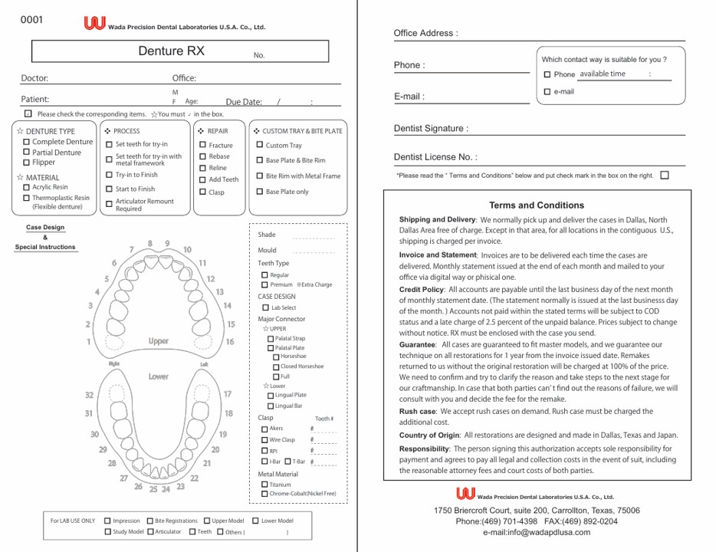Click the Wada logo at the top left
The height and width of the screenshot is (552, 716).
coord(94,24)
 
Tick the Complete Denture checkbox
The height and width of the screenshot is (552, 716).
coord(27,142)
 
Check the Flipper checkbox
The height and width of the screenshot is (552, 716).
coord(27,163)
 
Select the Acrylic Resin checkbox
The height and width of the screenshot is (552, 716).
coord(27,187)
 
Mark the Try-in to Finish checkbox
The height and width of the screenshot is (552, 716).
coord(109,175)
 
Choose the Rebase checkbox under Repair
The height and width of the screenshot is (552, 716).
coord(202,156)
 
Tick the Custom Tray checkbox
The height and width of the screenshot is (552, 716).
coord(260,145)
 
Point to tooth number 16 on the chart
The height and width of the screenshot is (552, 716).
coord(230,342)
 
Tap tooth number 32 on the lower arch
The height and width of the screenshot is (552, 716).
coord(90,395)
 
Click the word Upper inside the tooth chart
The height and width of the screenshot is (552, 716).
coord(159,341)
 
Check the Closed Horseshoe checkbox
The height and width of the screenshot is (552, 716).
coord(276,366)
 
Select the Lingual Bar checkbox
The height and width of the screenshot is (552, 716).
coord(271,406)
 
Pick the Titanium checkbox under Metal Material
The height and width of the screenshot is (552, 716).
coord(264,485)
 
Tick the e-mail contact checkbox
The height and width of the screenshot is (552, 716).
coord(547,92)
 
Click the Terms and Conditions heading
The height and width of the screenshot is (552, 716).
coord(537,205)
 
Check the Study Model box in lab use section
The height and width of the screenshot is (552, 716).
coord(107,531)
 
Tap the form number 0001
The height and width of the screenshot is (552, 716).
coord(32,20)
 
